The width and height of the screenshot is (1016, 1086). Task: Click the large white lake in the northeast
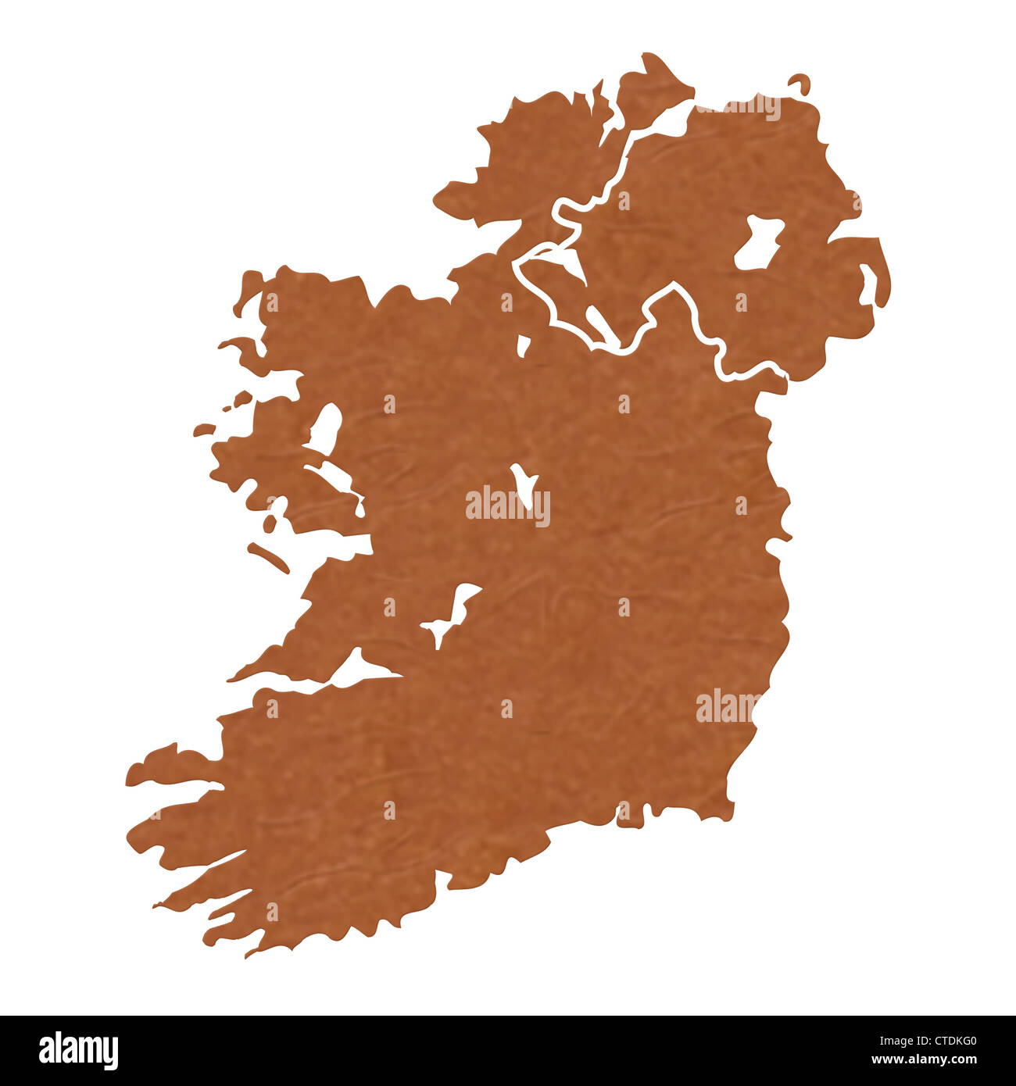[758, 242]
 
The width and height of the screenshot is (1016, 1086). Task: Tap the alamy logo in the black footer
[78, 1051]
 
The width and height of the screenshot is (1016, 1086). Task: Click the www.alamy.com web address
[923, 1060]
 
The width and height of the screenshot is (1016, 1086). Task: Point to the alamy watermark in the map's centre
[507, 506]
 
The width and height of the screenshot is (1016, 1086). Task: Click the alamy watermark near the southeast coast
[728, 707]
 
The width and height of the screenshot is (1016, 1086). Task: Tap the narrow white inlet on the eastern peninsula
[868, 283]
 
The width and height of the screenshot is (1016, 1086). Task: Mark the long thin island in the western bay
[268, 557]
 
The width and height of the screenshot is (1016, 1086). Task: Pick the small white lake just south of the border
[523, 345]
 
